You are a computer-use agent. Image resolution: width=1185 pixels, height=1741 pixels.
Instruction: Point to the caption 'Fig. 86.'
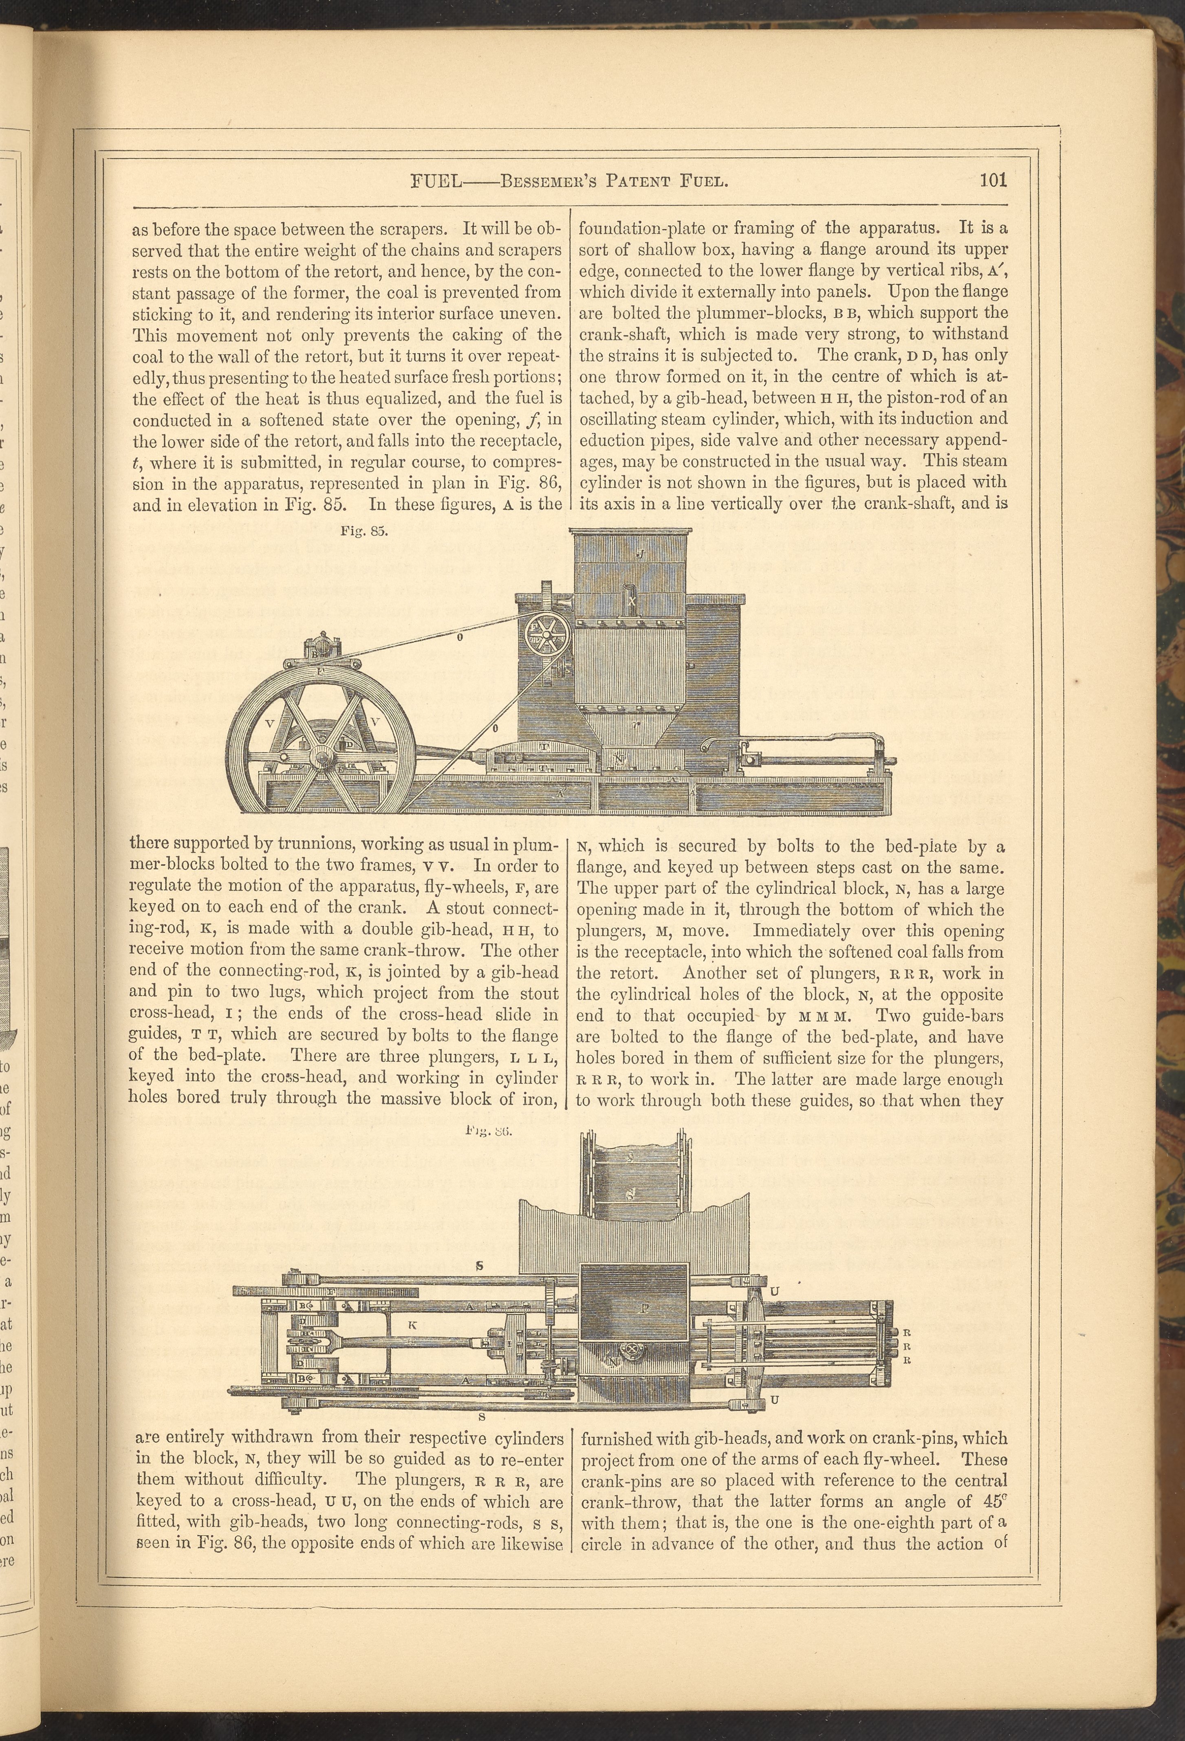tap(488, 1131)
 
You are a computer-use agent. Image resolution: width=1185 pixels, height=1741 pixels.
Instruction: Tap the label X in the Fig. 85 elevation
tap(632, 601)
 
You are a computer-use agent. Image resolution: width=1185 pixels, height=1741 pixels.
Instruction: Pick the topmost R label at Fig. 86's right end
tap(906, 1334)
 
